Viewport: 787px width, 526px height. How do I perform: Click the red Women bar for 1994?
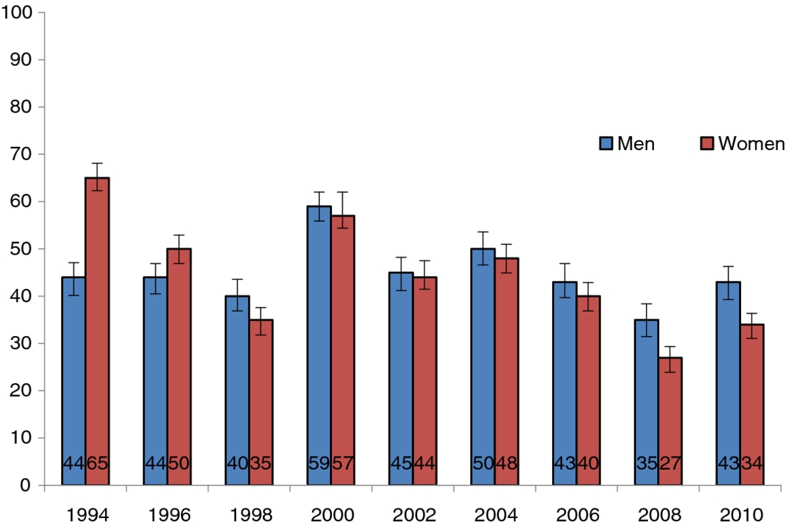pyautogui.click(x=97, y=331)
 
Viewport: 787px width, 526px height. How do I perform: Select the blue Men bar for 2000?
pyautogui.click(x=319, y=345)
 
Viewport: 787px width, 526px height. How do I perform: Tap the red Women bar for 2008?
pyautogui.click(x=670, y=421)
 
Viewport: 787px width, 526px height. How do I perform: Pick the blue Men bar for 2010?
pyautogui.click(x=729, y=383)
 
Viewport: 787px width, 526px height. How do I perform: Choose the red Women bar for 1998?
pyautogui.click(x=261, y=402)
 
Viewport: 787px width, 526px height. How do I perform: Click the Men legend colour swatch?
pyautogui.click(x=606, y=143)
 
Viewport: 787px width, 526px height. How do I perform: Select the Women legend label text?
pyautogui.click(x=751, y=143)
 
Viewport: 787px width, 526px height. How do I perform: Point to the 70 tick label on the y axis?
pyautogui.click(x=21, y=154)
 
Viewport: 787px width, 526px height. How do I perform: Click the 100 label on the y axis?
pyautogui.click(x=16, y=12)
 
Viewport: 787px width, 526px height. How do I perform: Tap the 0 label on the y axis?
pyautogui.click(x=26, y=485)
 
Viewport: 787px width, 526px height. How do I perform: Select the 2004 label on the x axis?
pyautogui.click(x=496, y=515)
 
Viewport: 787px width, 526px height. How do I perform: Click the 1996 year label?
pyautogui.click(x=169, y=515)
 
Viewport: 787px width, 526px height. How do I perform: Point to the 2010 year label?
pyautogui.click(x=741, y=515)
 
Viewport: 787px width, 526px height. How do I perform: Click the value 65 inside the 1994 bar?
pyautogui.click(x=97, y=463)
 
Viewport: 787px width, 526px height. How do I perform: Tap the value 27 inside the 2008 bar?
pyautogui.click(x=670, y=463)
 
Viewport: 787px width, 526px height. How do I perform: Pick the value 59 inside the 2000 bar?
pyautogui.click(x=319, y=463)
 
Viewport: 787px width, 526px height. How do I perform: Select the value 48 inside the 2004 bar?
pyautogui.click(x=506, y=463)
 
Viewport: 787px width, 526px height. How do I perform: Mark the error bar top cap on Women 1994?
pyautogui.click(x=97, y=163)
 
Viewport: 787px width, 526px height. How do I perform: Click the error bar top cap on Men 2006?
pyautogui.click(x=565, y=263)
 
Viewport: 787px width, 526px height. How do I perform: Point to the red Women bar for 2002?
pyautogui.click(x=425, y=381)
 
